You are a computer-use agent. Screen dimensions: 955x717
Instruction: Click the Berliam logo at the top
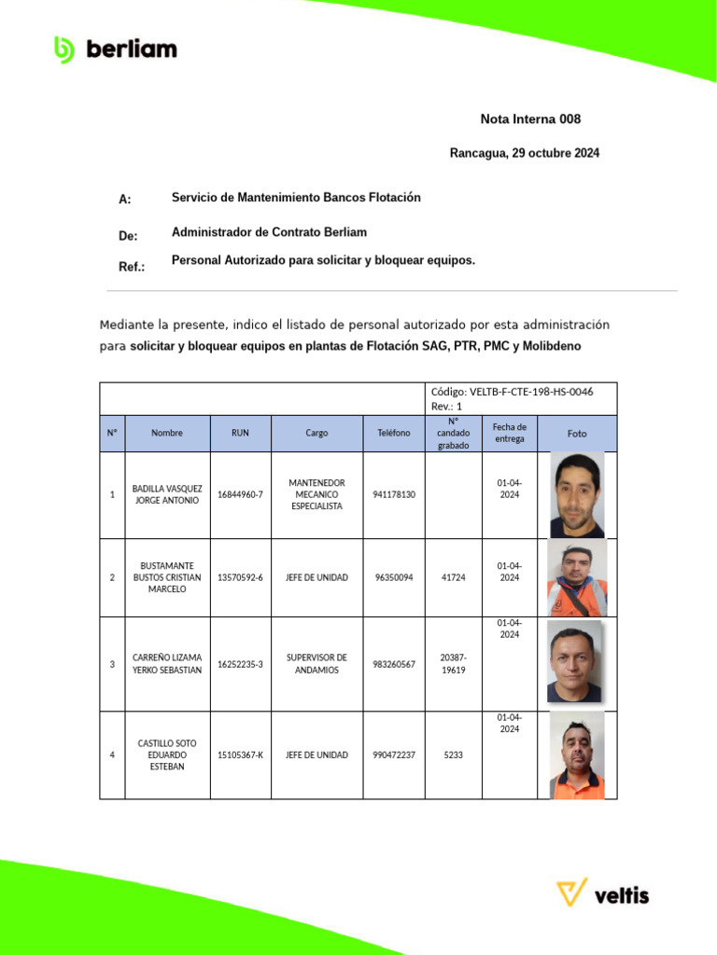115,49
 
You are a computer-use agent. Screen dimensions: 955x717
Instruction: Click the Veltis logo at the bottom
602,894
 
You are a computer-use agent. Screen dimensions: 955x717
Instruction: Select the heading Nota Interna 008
530,119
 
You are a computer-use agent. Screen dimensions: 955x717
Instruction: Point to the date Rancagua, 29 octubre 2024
524,153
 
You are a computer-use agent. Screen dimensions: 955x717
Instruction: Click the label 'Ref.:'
132,267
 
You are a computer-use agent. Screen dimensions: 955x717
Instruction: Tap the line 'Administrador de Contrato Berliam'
269,232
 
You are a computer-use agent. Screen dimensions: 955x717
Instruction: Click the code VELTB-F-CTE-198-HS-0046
512,392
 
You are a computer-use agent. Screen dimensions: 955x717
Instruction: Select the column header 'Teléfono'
393,433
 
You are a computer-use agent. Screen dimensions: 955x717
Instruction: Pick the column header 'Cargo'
316,433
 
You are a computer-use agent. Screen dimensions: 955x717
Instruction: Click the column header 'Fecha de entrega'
509,433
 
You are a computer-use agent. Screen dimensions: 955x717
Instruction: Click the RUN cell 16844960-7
240,494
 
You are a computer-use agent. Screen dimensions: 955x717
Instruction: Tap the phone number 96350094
393,577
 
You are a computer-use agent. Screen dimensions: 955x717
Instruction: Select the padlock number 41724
453,577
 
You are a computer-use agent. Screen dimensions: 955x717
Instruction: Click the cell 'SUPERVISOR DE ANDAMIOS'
316,664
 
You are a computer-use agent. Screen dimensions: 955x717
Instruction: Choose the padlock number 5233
453,754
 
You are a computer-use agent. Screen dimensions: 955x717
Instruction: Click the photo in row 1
577,495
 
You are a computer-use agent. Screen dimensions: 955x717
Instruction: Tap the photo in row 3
573,663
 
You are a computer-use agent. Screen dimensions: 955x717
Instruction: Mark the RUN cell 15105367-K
240,754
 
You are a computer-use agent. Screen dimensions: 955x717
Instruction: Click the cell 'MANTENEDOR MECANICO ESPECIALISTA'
316,494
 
